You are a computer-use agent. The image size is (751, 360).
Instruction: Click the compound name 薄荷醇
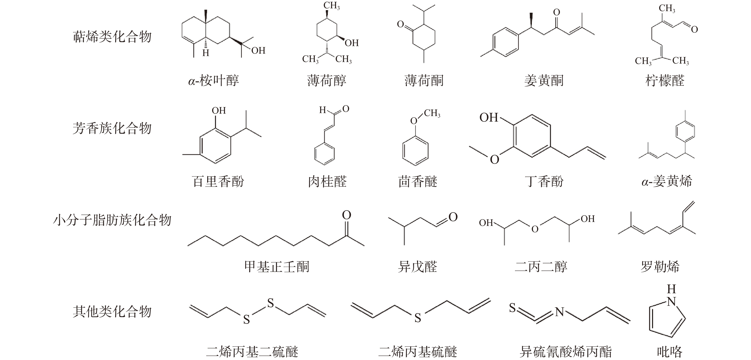tap(326, 80)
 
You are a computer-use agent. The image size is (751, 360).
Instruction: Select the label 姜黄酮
tap(544, 80)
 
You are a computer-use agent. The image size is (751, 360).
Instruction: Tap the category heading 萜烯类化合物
tap(112, 37)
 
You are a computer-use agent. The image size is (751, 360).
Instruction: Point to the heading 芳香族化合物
tap(112, 128)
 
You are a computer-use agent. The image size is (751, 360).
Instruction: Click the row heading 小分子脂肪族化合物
tap(112, 220)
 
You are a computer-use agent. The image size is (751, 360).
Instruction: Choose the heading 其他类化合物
tap(112, 312)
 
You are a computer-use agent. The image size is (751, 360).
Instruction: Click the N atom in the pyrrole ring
tap(671, 302)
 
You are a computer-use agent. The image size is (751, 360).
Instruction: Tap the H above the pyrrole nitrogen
tap(671, 289)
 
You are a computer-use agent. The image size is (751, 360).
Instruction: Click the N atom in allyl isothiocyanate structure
tap(559, 312)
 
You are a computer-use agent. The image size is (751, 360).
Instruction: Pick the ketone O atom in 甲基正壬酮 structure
tap(346, 215)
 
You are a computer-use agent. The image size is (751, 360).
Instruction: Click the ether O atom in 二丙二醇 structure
tap(535, 229)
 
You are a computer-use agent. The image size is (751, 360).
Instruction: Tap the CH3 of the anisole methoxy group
tap(432, 113)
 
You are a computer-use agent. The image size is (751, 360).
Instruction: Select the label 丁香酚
tap(544, 181)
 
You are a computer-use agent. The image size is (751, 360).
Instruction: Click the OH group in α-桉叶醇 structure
tap(258, 50)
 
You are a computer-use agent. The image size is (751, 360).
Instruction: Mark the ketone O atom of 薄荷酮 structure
tap(401, 24)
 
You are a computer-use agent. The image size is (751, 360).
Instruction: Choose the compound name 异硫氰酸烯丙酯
tap(566, 352)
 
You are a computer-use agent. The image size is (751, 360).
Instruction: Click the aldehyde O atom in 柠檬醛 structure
tap(694, 29)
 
